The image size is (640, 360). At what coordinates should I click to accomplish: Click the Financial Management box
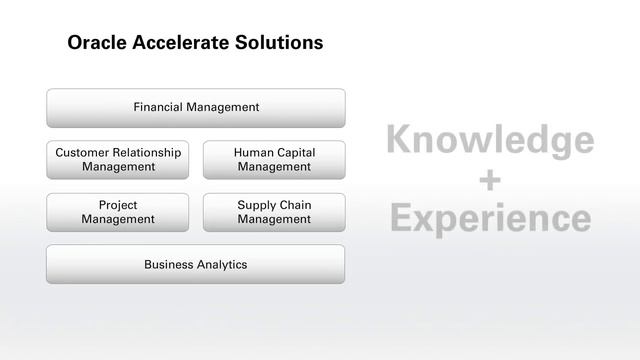[196, 107]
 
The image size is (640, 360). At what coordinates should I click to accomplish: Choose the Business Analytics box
[196, 264]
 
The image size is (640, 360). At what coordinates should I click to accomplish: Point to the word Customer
[84, 152]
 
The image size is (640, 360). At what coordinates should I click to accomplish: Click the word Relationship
[148, 152]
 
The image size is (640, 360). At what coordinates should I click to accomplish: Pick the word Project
[118, 205]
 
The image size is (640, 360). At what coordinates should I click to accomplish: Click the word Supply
[257, 205]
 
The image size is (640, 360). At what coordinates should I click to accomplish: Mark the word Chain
[296, 205]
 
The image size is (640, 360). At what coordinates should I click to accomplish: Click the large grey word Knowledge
[489, 141]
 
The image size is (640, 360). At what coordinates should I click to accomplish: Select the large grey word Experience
[489, 217]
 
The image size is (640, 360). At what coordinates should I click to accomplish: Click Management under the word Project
[118, 219]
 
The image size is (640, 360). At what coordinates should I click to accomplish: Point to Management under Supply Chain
[274, 219]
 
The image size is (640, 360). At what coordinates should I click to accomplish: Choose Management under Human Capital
[274, 166]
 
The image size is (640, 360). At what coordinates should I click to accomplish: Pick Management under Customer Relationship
[118, 166]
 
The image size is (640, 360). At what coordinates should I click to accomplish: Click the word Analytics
[221, 264]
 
